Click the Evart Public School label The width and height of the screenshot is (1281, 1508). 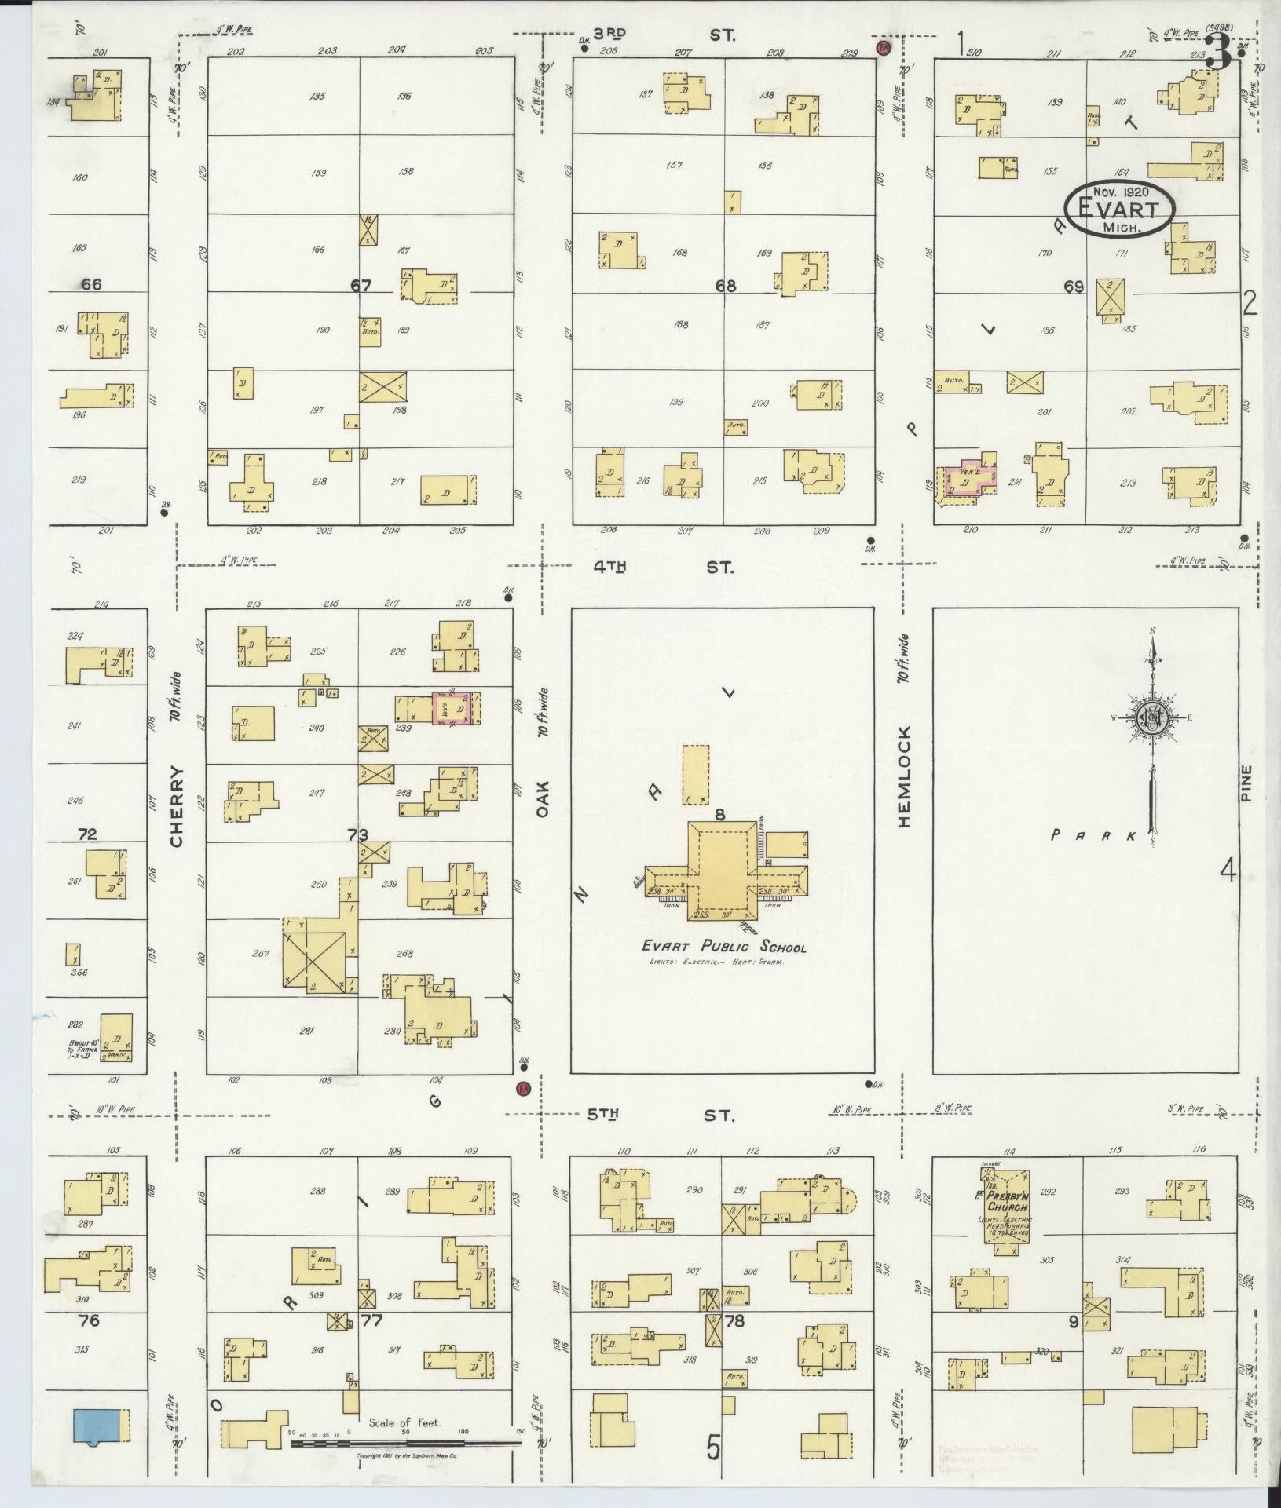tap(724, 947)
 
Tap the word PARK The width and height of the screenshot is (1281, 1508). tap(1094, 836)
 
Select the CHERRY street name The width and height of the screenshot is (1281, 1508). tap(176, 806)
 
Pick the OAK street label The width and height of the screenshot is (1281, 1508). tap(542, 800)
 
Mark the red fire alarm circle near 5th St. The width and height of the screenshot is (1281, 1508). tap(521, 1088)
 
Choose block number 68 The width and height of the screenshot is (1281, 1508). tap(725, 287)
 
